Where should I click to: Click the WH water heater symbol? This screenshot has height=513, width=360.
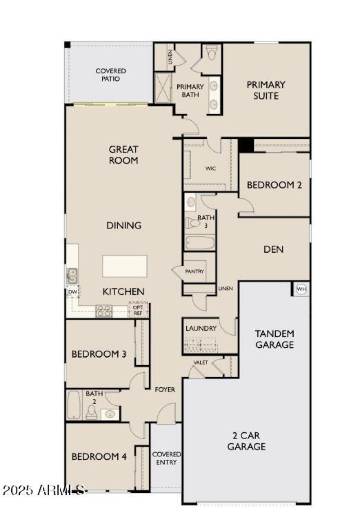pos(301,289)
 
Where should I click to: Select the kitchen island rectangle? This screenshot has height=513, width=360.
pos(125,266)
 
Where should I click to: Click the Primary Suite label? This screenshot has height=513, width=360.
pos(266,90)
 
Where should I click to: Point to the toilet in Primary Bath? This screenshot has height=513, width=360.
pos(212,52)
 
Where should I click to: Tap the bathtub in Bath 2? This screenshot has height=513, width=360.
pos(74,405)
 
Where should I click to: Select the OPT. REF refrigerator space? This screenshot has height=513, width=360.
pos(138,310)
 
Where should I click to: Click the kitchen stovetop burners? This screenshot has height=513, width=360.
pos(104,311)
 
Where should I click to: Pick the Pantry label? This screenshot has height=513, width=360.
pos(194,272)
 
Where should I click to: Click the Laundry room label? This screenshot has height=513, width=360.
pos(201,328)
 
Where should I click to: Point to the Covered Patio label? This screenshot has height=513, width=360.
pos(111,75)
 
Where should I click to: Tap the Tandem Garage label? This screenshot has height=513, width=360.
pos(274,339)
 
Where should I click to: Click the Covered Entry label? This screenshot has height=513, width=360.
pos(166,458)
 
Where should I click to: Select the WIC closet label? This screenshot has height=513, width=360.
pos(211,168)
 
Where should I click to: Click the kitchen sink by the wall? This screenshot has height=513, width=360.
pos(72,276)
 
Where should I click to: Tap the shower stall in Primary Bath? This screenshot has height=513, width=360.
pos(162,88)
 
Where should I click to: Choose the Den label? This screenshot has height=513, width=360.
pos(273,250)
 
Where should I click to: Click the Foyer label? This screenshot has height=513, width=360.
pos(165,390)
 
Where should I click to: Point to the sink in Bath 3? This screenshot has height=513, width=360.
pos(190,202)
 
